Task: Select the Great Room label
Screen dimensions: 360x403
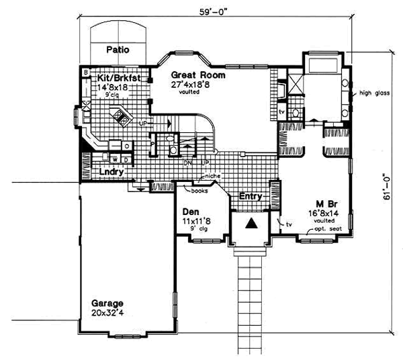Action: pyautogui.click(x=193, y=75)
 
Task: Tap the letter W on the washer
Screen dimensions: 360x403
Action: pyautogui.click(x=115, y=159)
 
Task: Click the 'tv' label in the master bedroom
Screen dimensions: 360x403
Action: pyautogui.click(x=289, y=224)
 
